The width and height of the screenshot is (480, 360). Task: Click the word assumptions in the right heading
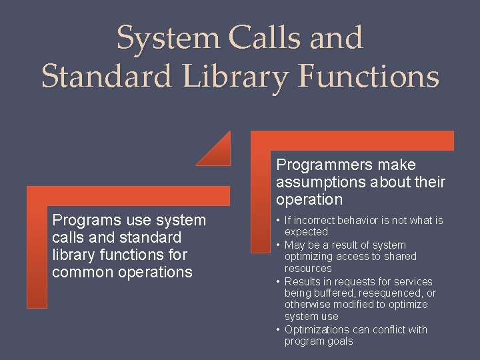coord(321,182)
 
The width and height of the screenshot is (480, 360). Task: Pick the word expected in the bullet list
coord(306,232)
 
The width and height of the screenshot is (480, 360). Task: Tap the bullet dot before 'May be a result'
coord(279,245)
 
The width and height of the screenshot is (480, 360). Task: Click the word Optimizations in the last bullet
coord(317,329)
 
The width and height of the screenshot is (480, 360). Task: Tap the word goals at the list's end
coord(339,341)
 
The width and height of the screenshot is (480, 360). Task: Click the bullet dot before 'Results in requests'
coord(279,281)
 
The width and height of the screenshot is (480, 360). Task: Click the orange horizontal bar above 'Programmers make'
coord(353,141)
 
